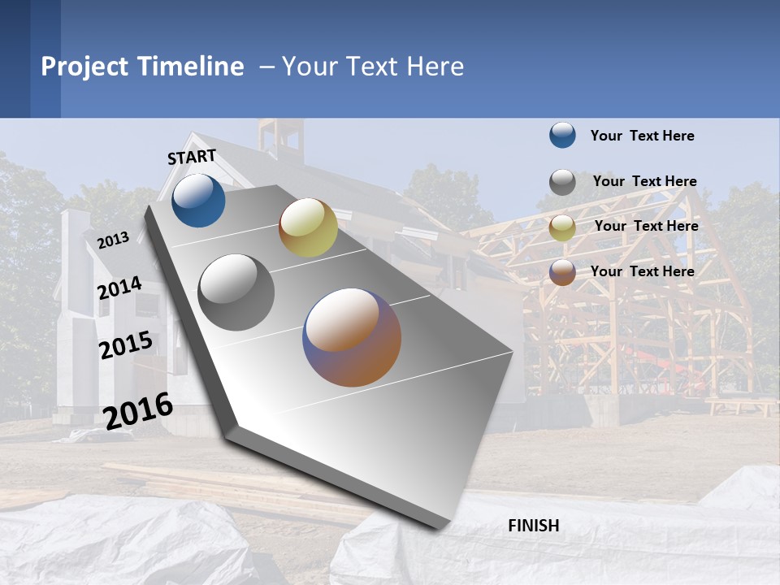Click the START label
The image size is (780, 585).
192,157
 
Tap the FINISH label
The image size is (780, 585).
534,526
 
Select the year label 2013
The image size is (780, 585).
113,240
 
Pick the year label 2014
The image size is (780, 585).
119,288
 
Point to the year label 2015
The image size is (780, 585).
125,344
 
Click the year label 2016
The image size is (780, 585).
138,410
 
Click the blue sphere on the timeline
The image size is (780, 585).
198,201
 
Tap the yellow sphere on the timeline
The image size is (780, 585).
308,227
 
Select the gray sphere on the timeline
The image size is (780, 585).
236,292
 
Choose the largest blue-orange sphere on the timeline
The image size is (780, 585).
352,337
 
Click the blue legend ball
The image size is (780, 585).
562,136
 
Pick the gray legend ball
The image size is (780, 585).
562,182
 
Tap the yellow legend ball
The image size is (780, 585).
562,227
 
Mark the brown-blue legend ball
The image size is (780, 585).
562,272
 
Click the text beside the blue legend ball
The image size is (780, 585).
642,136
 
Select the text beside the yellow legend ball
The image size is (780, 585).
646,226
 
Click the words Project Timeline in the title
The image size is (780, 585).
142,67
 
